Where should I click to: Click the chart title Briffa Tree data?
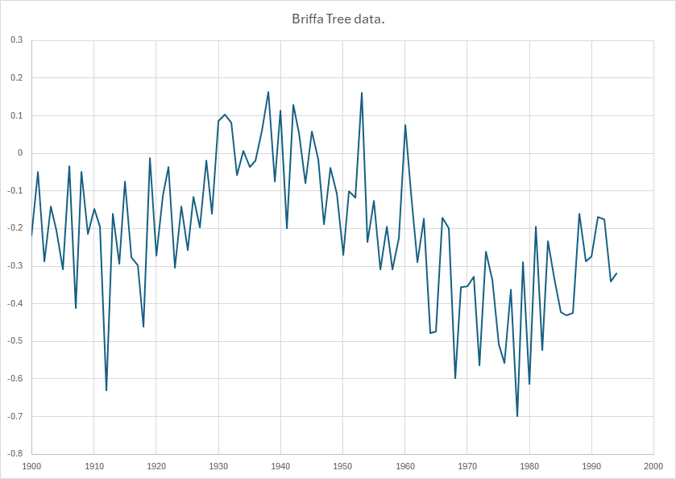(x=338, y=19)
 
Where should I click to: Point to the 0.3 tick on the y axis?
(x=17, y=40)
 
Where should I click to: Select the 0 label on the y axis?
(x=21, y=153)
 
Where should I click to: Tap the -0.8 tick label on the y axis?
(x=15, y=454)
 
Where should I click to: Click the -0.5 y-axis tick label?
(x=15, y=341)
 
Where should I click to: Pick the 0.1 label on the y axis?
(x=17, y=115)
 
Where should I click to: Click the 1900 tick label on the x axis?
(x=32, y=466)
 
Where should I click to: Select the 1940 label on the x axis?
(x=280, y=466)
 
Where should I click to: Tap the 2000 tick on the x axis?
(x=653, y=466)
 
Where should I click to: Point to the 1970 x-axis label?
(x=467, y=466)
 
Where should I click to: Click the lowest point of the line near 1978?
(x=517, y=416)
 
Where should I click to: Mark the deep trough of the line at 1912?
(x=106, y=390)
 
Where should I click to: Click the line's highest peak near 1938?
(x=268, y=92)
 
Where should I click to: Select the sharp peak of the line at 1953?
(x=362, y=93)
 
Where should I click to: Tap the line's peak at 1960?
(x=405, y=125)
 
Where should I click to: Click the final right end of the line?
(x=616, y=273)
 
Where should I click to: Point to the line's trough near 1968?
(x=455, y=377)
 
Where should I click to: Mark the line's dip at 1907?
(x=76, y=308)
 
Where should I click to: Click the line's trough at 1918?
(x=143, y=327)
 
